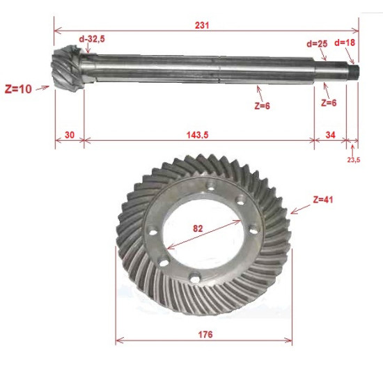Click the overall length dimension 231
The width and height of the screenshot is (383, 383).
pyautogui.click(x=202, y=25)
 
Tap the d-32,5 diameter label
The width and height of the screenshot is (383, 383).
pyautogui.click(x=92, y=39)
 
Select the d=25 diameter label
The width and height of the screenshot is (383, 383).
pyautogui.click(x=317, y=44)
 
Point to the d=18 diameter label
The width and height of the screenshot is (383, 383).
pyautogui.click(x=345, y=42)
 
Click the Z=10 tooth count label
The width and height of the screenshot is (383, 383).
pyautogui.click(x=18, y=89)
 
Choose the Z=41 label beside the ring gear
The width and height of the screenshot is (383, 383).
pyautogui.click(x=323, y=200)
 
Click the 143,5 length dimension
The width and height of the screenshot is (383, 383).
pyautogui.click(x=197, y=135)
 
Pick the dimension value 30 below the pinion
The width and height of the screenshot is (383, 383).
pyautogui.click(x=70, y=135)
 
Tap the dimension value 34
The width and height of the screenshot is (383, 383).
pyautogui.click(x=330, y=135)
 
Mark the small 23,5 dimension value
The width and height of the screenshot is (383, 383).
pyautogui.click(x=354, y=160)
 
